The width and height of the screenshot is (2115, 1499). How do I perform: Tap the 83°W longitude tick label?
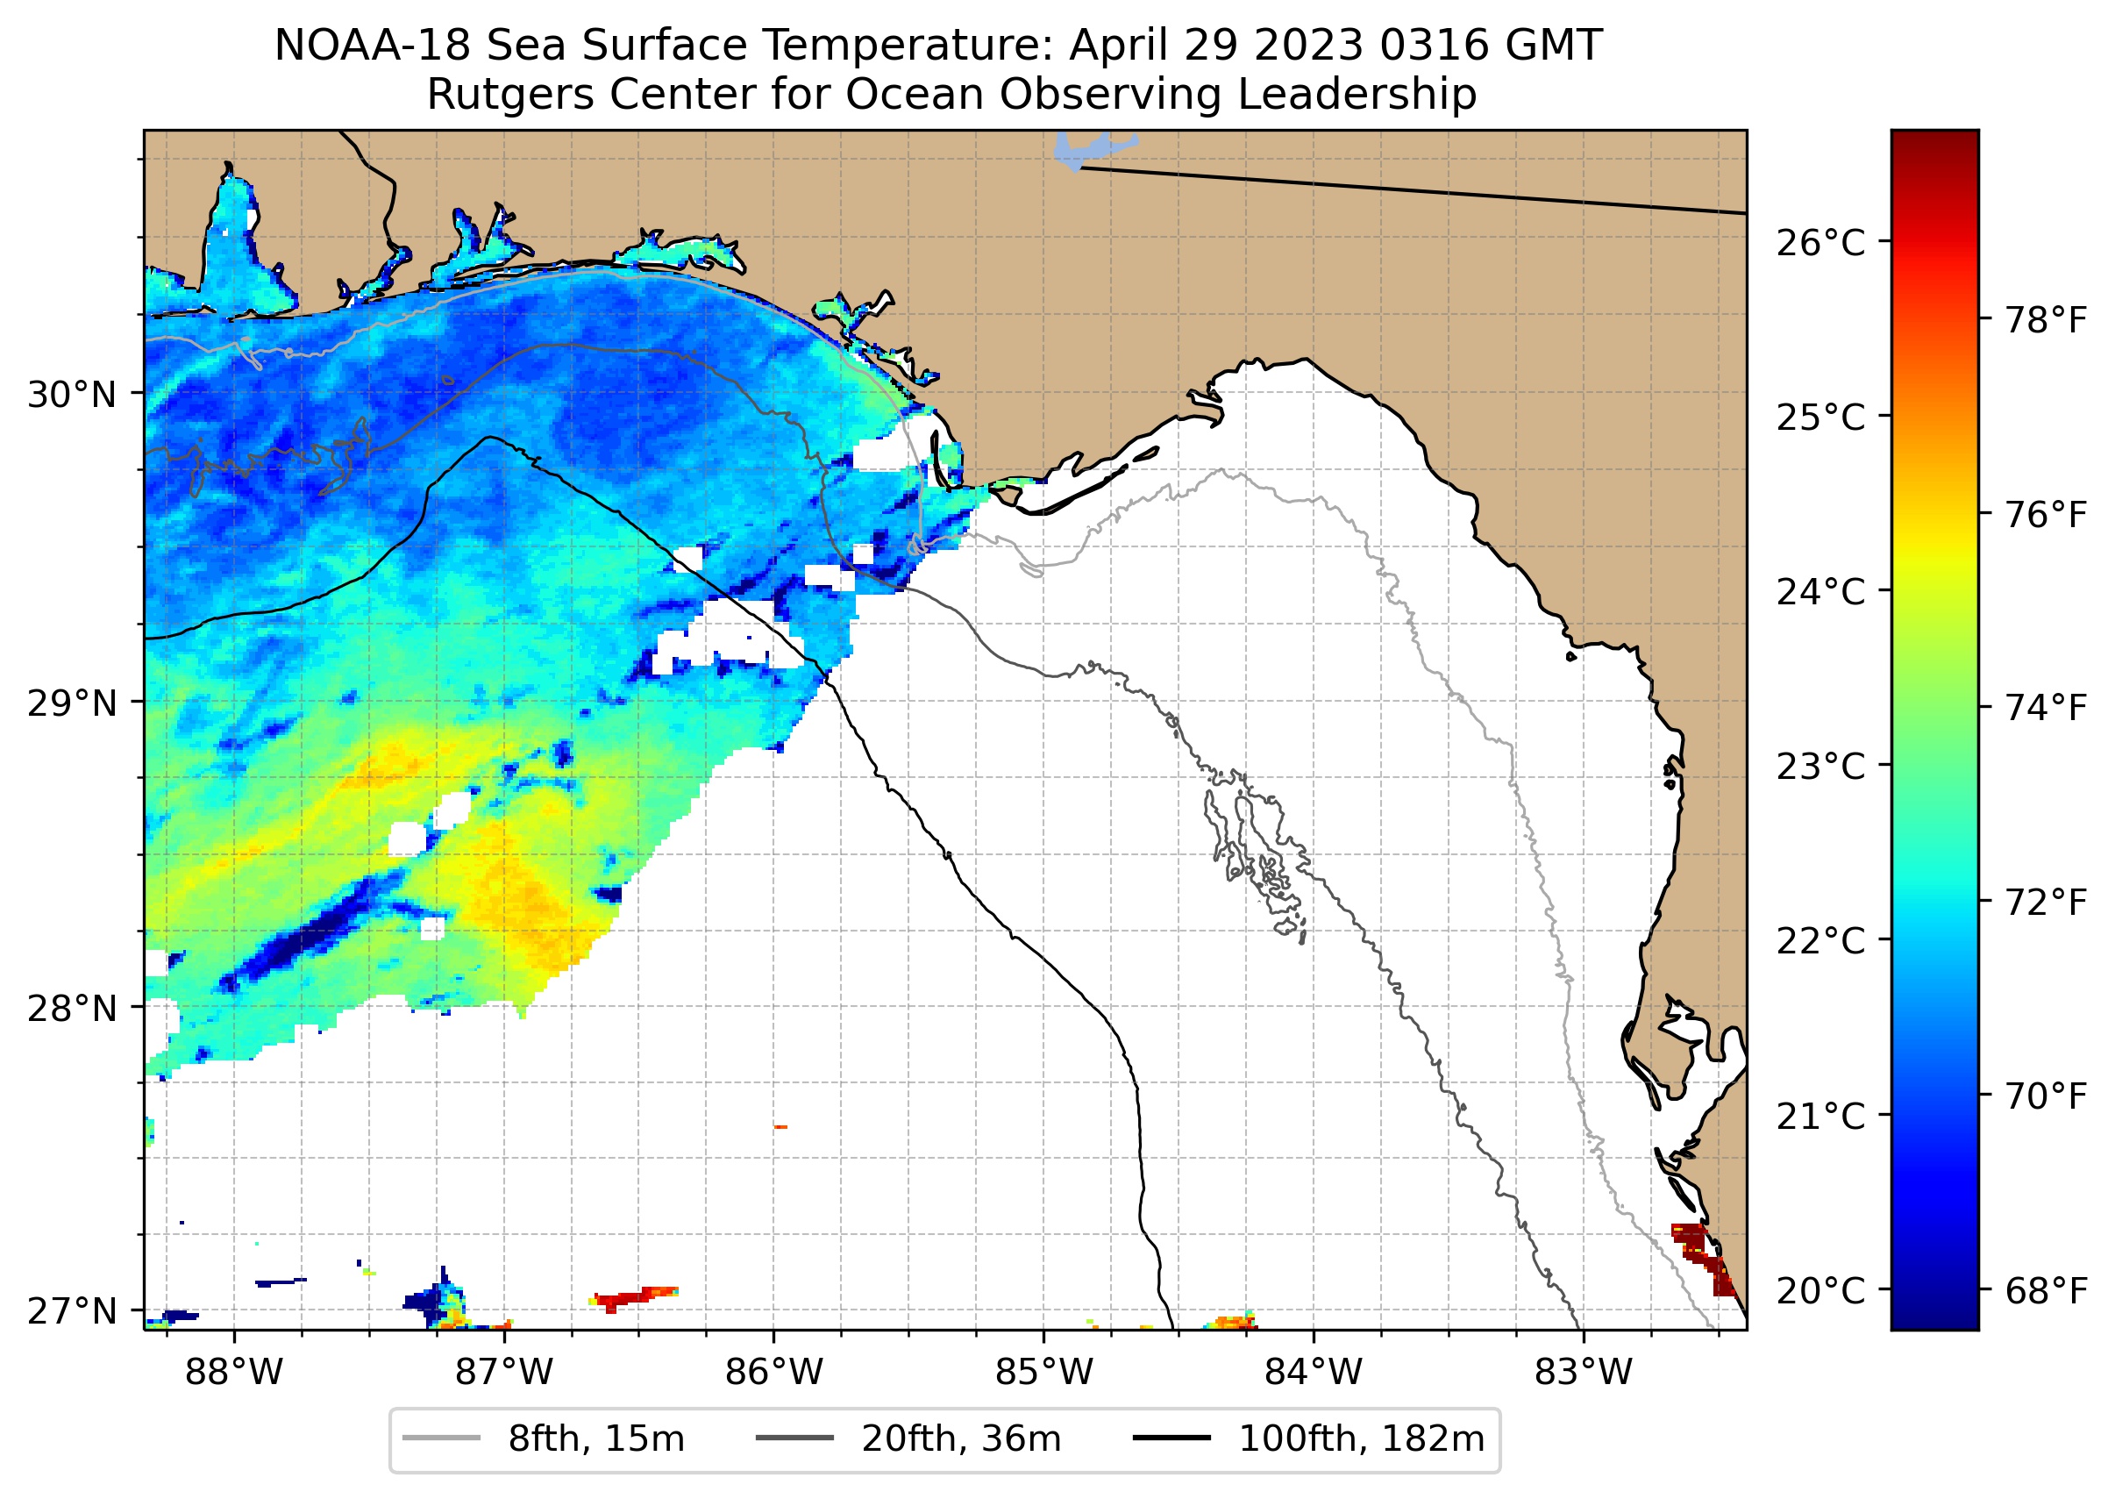pos(1584,1373)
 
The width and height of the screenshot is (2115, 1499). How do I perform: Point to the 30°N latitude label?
pos(72,395)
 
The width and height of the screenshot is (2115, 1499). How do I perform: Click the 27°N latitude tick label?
pos(72,1310)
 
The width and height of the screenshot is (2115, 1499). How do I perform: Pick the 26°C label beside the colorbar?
pos(1820,244)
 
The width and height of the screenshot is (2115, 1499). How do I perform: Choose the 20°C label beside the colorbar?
pos(1820,1290)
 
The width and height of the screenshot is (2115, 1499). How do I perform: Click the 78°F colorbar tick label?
pos(2046,321)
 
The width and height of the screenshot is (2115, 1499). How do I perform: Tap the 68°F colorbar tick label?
pos(2046,1290)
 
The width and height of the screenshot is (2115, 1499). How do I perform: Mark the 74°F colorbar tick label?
pos(2046,709)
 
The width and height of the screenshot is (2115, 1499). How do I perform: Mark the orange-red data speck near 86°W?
pos(780,1127)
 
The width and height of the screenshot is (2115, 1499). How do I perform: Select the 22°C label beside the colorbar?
pos(1820,941)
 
